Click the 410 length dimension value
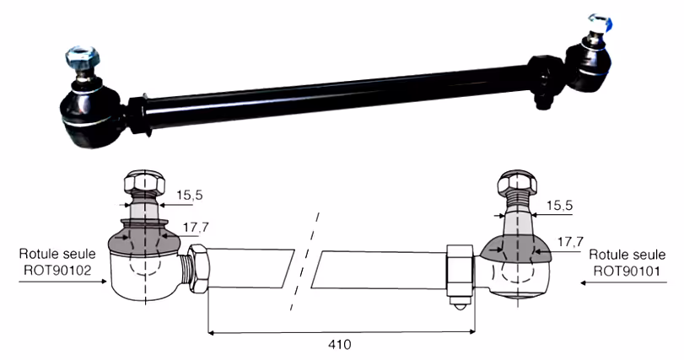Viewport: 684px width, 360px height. pyautogui.click(x=339, y=345)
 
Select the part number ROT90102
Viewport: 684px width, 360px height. pyautogui.click(x=57, y=271)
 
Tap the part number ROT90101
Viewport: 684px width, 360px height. pyautogui.click(x=627, y=271)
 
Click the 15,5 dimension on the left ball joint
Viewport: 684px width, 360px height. pyautogui.click(x=189, y=195)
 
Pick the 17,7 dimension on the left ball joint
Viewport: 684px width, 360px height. pyautogui.click(x=196, y=227)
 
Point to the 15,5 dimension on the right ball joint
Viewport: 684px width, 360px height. pyautogui.click(x=559, y=205)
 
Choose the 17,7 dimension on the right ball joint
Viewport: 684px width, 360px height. pyautogui.click(x=570, y=241)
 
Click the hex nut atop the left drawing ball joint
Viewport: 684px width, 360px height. pyautogui.click(x=144, y=182)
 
